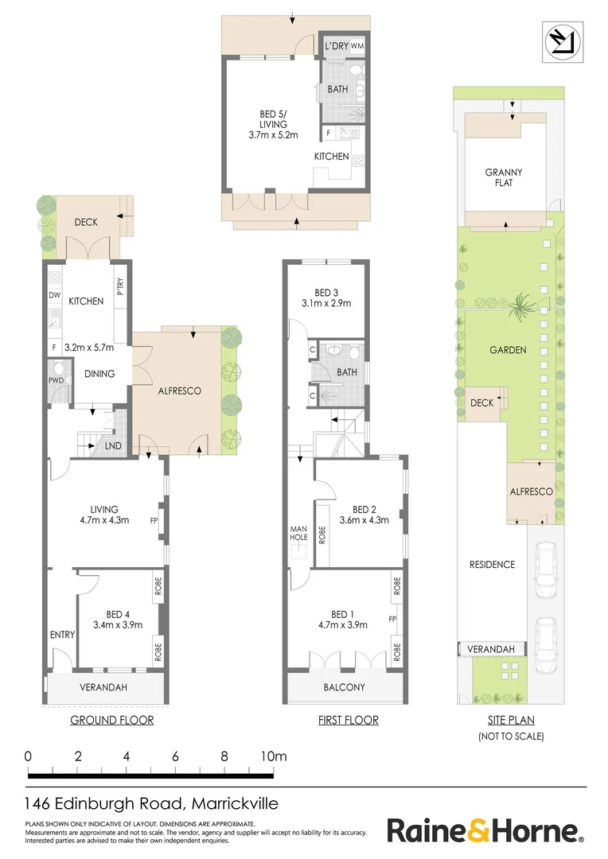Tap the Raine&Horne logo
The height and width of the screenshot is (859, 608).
click(x=484, y=831)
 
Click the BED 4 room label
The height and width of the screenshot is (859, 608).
click(x=116, y=614)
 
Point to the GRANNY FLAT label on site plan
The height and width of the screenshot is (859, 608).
click(x=504, y=177)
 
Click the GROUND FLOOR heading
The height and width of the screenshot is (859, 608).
click(x=112, y=721)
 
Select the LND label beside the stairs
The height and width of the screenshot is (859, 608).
click(x=113, y=445)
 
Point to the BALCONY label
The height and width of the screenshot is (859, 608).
click(x=345, y=687)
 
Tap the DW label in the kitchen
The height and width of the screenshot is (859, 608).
click(x=54, y=295)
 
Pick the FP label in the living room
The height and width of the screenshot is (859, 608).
click(x=154, y=522)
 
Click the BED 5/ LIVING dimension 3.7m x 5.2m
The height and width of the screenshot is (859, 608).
click(x=273, y=135)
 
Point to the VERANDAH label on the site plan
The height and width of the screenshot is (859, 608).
click(x=491, y=650)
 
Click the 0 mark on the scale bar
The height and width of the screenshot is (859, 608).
click(x=28, y=756)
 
